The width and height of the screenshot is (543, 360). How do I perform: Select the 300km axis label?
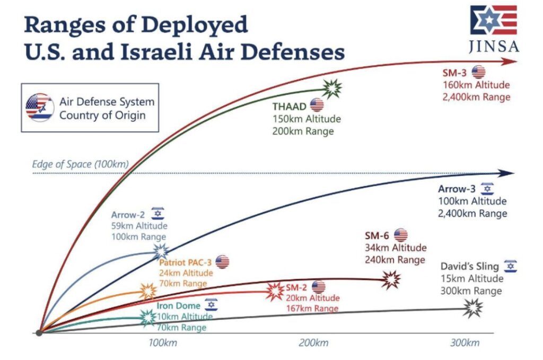pyautogui.click(x=465, y=343)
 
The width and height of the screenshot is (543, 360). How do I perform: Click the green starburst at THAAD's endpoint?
pyautogui.click(x=333, y=89)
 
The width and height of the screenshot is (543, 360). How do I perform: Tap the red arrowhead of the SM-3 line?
pyautogui.click(x=510, y=61)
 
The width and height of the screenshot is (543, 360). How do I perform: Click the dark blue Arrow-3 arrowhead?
pyautogui.click(x=507, y=173)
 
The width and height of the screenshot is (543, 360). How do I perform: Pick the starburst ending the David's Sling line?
pyautogui.click(x=473, y=307)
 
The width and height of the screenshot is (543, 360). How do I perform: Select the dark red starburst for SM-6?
pyautogui.click(x=392, y=279)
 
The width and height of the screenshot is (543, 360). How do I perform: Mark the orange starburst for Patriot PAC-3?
pyautogui.click(x=148, y=290)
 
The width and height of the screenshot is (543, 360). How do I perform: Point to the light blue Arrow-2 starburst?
pyautogui.click(x=160, y=251)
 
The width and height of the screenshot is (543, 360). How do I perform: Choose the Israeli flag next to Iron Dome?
pyautogui.click(x=211, y=305)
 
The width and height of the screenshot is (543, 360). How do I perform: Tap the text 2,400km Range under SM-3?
pyautogui.click(x=477, y=97)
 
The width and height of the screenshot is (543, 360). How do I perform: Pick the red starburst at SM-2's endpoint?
pyautogui.click(x=275, y=290)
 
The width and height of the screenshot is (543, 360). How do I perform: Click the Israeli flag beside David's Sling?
pyautogui.click(x=510, y=266)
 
